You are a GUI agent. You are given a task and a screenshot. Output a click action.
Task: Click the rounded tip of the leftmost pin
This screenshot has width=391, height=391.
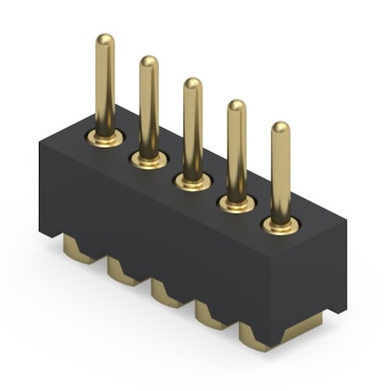coord(104,41)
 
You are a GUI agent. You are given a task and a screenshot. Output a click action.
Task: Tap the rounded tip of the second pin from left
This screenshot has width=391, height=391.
coord(149,63)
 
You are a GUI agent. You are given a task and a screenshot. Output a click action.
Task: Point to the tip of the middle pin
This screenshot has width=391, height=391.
coord(193,84)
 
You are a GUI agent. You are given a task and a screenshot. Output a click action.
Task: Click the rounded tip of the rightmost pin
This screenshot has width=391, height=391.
coord(281,129)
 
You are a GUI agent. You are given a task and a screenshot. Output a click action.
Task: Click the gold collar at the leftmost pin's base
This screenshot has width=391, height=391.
coord(105,138)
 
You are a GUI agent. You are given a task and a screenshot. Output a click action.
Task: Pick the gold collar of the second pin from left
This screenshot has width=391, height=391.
coord(149,160)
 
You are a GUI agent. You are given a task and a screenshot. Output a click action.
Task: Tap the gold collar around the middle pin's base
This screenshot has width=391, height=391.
coord(193,182)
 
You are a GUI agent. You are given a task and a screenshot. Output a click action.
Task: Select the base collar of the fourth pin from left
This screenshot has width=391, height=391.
coord(236,204)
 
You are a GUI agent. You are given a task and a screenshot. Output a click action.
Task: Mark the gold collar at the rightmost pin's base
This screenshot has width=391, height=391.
coord(281,227)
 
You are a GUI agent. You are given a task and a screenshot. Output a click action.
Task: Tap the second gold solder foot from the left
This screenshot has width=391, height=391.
coord(124,273)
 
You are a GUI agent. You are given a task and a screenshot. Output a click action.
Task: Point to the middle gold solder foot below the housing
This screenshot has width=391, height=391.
coord(169,294)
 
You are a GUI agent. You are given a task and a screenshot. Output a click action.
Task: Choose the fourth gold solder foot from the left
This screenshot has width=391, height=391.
coord(212,315)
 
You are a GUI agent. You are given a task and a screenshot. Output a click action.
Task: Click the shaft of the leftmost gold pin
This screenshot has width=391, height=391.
coord(104,87)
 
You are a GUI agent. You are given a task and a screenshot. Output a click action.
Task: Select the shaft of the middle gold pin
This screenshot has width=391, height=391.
coord(193,130)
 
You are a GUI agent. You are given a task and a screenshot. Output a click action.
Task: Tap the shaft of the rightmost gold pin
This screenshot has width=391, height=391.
coord(281,174)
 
